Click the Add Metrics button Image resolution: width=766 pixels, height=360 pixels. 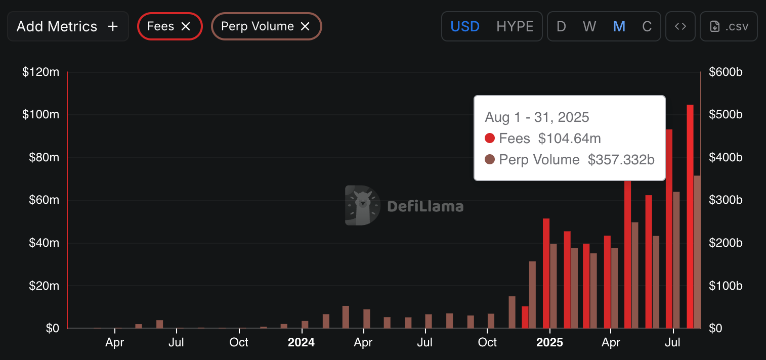[x=67, y=26]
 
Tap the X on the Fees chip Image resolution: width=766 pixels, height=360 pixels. [x=186, y=26]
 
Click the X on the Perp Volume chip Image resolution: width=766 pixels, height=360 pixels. [x=305, y=26]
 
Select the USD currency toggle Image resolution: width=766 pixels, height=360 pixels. [x=464, y=26]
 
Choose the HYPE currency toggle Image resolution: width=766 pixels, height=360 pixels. [x=515, y=26]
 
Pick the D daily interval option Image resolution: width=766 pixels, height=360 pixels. [x=561, y=26]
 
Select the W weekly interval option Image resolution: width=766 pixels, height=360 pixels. [x=589, y=26]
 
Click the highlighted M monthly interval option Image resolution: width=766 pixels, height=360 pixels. [x=619, y=26]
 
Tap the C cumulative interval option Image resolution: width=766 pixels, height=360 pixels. [x=647, y=26]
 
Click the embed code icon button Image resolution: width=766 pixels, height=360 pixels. [x=680, y=26]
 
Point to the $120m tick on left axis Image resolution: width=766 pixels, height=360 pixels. [x=40, y=72]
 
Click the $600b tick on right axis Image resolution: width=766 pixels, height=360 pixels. [x=726, y=72]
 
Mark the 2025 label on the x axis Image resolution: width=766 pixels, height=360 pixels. [x=549, y=342]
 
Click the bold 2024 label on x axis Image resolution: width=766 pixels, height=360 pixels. [x=301, y=342]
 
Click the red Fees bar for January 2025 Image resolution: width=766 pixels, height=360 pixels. [x=546, y=273]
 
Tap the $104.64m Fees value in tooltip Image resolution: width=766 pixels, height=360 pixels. [x=569, y=138]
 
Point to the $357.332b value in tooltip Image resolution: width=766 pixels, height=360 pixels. [x=621, y=160]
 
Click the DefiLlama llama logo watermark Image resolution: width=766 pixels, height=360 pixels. [x=362, y=205]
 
